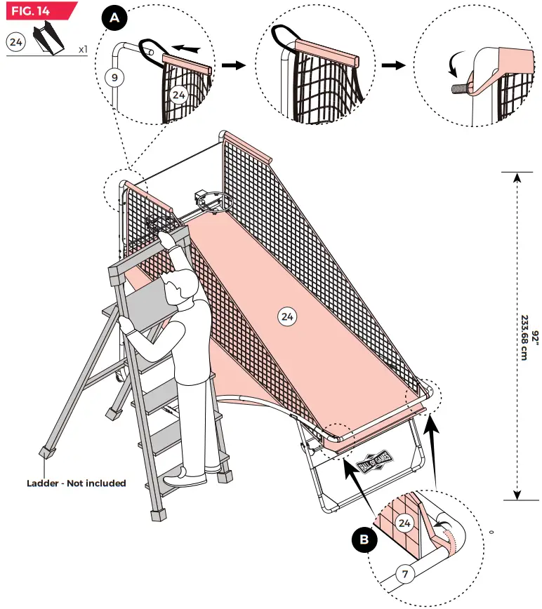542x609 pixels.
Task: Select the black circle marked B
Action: click(364, 539)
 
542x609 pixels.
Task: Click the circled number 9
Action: click(113, 77)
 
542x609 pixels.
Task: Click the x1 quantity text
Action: click(83, 50)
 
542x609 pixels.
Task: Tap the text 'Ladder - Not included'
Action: click(76, 483)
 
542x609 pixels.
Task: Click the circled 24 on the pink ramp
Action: click(286, 317)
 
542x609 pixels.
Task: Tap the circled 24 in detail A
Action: click(179, 94)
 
